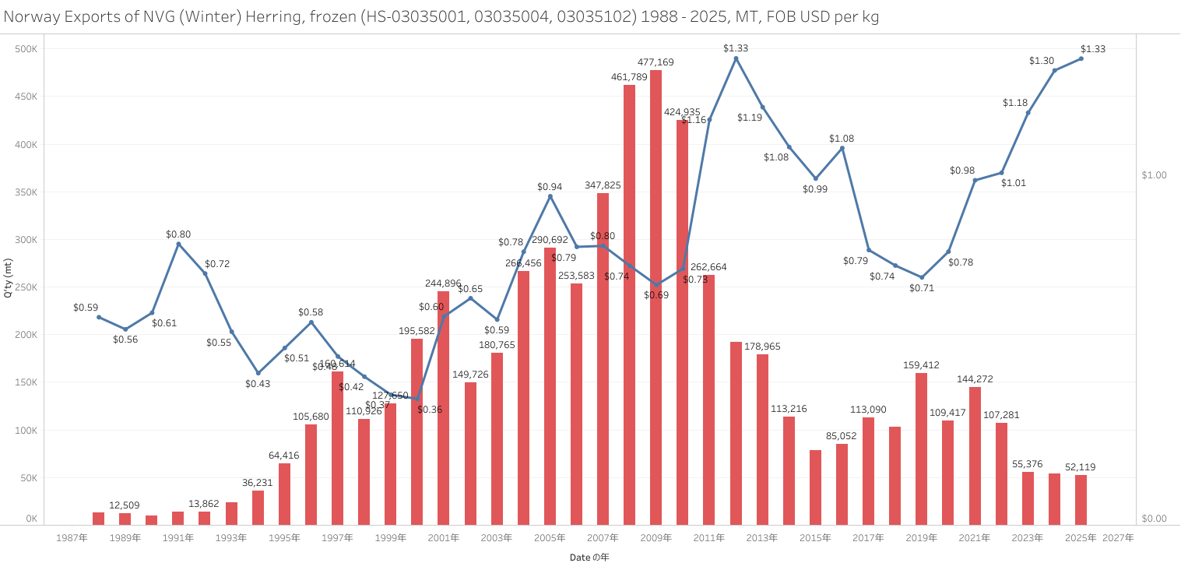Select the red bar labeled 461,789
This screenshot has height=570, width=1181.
629,304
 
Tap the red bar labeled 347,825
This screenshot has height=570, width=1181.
603,358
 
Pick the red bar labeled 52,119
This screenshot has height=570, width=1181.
1081,499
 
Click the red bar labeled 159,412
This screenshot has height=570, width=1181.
921,449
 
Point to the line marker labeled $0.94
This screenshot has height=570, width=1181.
550,196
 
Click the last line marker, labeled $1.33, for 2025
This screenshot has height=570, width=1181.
1081,58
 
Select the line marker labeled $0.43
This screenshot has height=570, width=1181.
258,373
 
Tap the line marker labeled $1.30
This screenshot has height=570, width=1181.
1054,70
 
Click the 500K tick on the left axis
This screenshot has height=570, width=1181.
26,49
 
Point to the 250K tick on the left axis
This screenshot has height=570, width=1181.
26,287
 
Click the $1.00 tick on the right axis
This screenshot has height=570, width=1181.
1154,175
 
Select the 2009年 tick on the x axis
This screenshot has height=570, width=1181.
656,537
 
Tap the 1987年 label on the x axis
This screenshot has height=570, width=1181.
72,537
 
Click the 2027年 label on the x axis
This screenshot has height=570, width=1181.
1118,537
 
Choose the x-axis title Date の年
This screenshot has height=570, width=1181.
589,558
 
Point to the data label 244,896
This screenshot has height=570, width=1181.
444,283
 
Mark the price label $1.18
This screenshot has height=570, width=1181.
1014,103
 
